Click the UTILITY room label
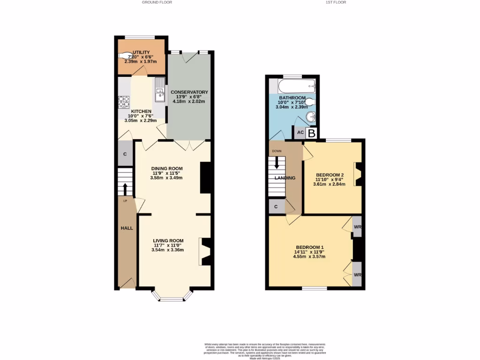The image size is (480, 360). click(x=141, y=52)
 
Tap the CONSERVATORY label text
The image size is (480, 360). click(x=189, y=92)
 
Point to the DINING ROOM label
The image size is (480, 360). click(x=166, y=168)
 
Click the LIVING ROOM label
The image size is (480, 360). click(x=167, y=241)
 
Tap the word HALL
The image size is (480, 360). click(x=127, y=228)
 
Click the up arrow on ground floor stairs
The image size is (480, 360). click(x=125, y=189)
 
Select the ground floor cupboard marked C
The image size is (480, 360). click(x=125, y=154)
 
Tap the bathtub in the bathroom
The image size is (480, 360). click(x=296, y=86)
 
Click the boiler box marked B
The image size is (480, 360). click(x=312, y=133)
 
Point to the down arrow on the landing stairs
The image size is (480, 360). click(x=277, y=163)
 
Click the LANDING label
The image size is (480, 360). click(x=285, y=178)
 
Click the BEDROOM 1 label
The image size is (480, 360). click(x=309, y=247)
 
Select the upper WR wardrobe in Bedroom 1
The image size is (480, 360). click(x=357, y=227)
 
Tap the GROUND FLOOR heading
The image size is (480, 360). click(x=157, y=2)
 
